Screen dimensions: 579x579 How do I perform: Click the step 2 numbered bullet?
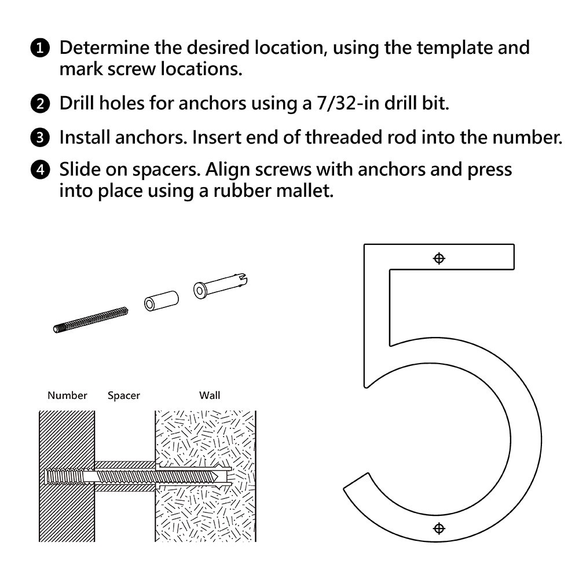pos(39,104)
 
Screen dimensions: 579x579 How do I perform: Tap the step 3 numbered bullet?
pos(39,138)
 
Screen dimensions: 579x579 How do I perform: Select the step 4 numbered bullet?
pos(39,171)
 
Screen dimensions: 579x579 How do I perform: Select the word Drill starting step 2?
pos(79,104)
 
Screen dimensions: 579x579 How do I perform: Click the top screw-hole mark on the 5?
pos(439,258)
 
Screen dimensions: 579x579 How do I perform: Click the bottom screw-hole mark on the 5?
pos(439,528)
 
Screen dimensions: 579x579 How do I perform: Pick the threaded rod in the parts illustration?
pos(90,320)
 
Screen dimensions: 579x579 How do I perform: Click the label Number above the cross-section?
pos(67,395)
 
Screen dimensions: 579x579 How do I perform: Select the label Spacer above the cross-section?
pos(124,395)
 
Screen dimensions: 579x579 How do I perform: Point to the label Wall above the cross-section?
pos(210,395)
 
